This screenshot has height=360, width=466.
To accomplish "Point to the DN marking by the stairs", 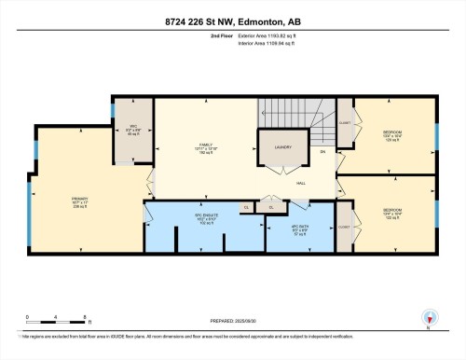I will tap(322, 151).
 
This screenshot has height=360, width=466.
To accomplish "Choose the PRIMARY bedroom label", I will tap(79, 200).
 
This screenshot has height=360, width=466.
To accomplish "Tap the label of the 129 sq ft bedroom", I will tap(391, 133).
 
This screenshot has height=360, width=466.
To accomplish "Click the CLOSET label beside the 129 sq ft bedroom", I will tap(344, 122).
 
